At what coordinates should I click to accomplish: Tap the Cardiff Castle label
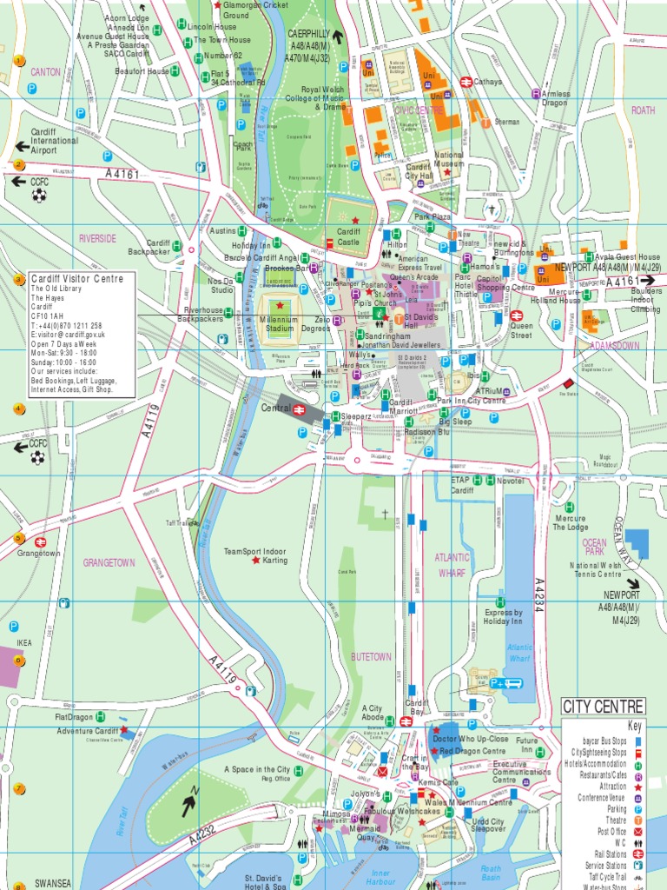(x=348, y=236)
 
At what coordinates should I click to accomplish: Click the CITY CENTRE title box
(x=603, y=705)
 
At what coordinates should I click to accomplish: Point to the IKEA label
(x=24, y=643)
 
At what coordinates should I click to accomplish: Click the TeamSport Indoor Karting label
(x=254, y=555)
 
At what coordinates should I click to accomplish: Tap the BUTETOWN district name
(x=371, y=657)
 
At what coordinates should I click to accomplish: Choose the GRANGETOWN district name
(x=109, y=562)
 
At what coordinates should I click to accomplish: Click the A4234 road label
(x=539, y=596)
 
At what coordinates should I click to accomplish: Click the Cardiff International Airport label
(x=55, y=141)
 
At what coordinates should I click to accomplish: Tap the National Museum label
(x=448, y=159)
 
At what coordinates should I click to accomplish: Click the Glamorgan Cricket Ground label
(x=255, y=10)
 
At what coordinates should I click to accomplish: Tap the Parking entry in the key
(x=616, y=808)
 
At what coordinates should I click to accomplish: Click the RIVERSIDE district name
(x=97, y=238)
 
